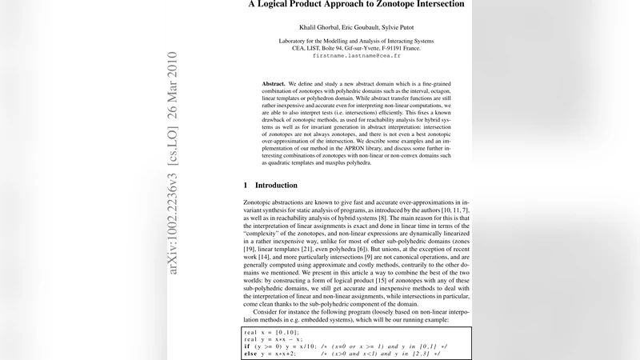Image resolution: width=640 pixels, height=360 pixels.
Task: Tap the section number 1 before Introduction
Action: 245,185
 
